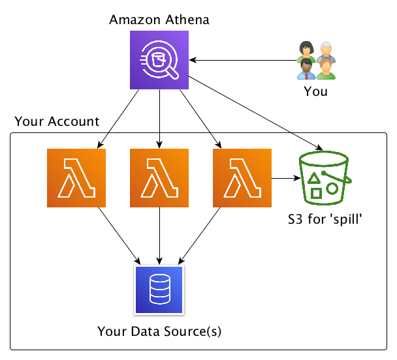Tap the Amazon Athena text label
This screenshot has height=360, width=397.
[x=159, y=19]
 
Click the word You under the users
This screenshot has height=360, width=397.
[x=316, y=92]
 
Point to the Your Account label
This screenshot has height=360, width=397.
[x=57, y=121]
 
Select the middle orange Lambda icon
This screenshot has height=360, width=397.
[x=159, y=178]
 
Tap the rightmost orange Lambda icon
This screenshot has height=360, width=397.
[x=242, y=178]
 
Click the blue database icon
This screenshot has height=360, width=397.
[x=159, y=289]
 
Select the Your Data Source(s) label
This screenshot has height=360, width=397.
[x=159, y=331]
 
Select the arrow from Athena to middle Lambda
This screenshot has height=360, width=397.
[x=159, y=117]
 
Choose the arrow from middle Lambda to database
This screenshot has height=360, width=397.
[x=159, y=235]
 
